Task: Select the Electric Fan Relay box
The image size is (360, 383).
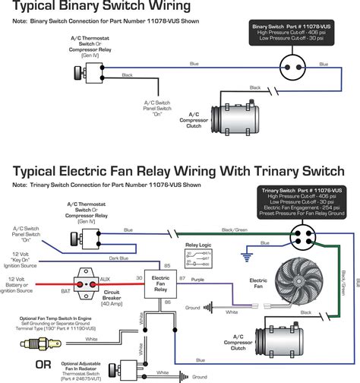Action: click(x=162, y=284)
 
